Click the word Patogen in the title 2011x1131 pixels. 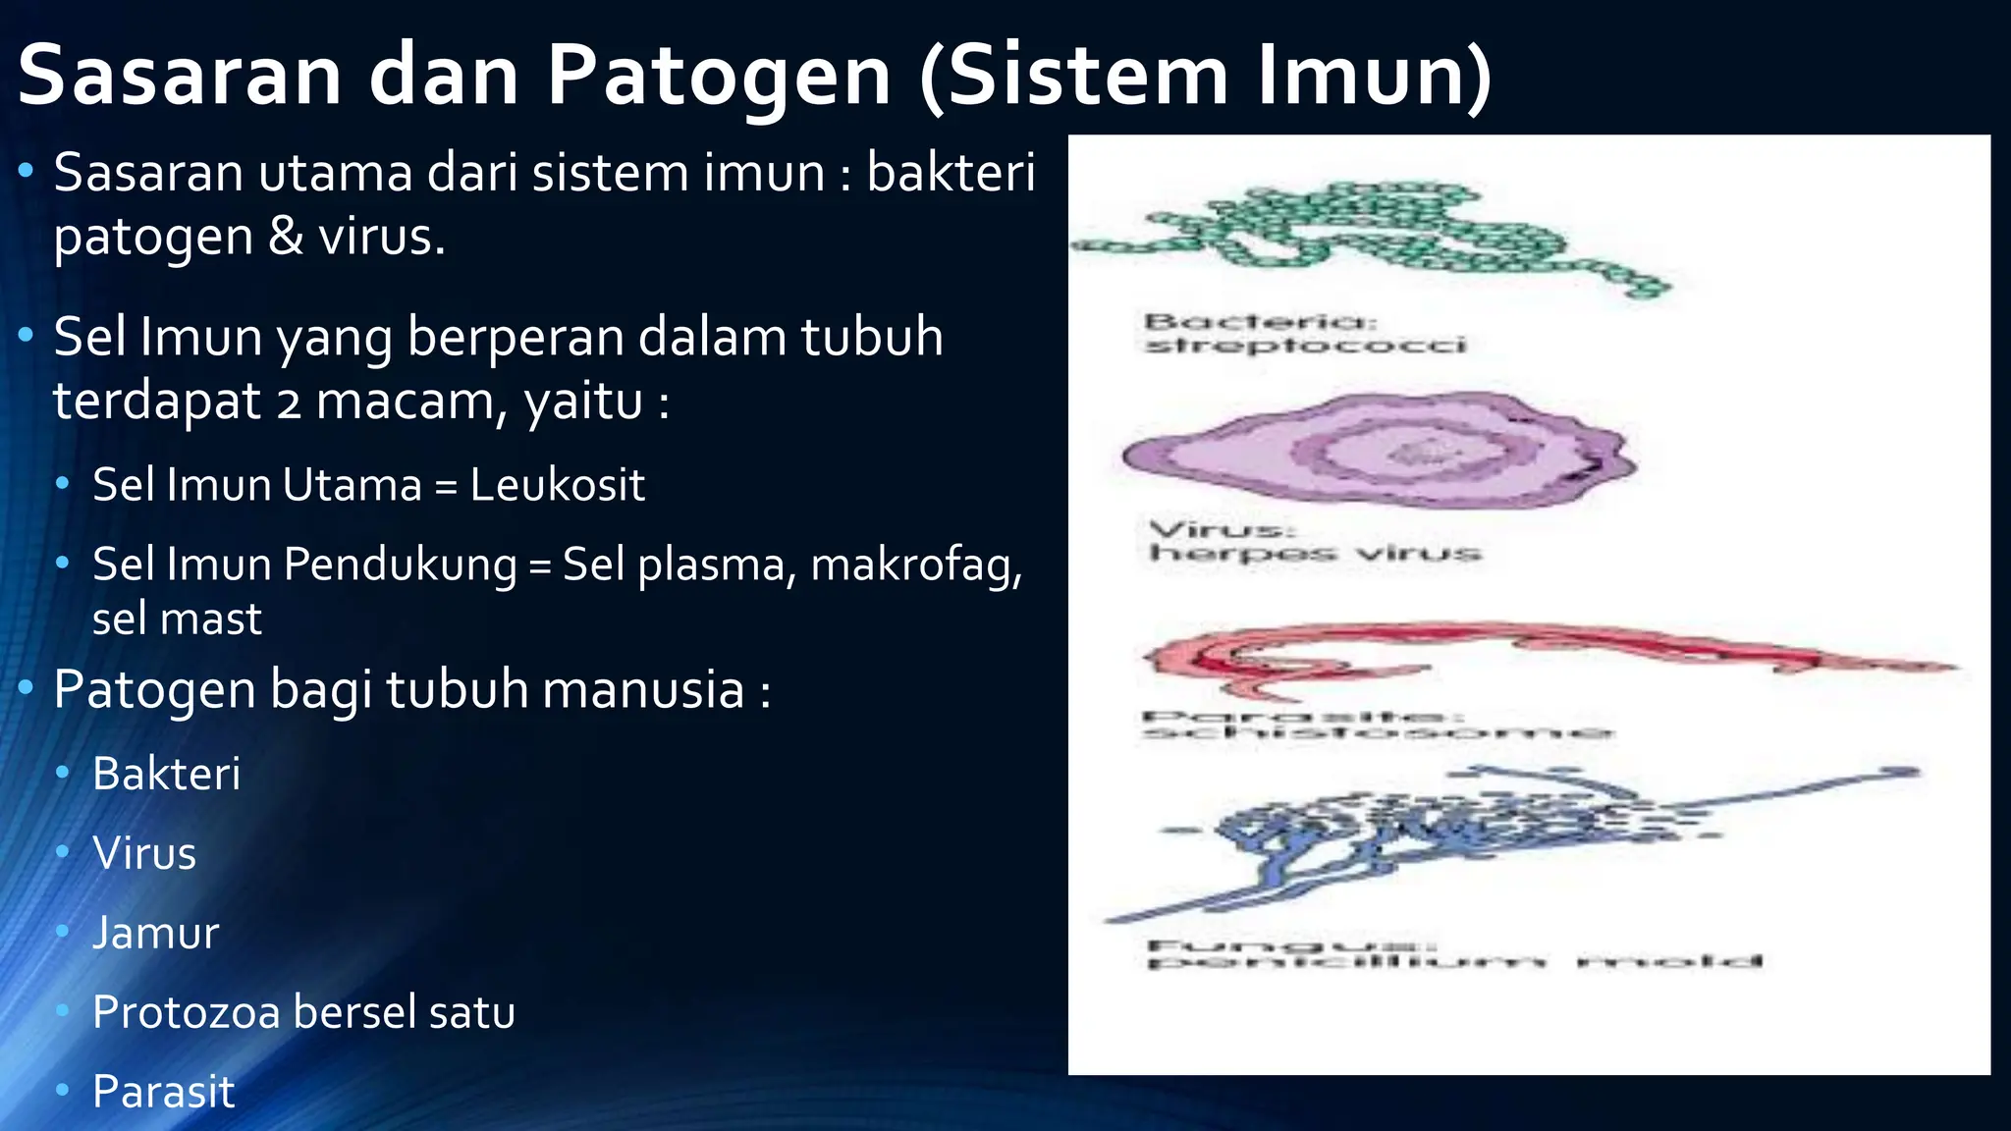pos(718,77)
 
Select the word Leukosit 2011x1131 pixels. pos(557,485)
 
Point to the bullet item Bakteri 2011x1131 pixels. pos(166,775)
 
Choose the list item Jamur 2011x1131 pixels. pos(155,933)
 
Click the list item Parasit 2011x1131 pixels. pos(163,1092)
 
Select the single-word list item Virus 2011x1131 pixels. pos(144,853)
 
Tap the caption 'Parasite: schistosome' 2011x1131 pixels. pos(1375,725)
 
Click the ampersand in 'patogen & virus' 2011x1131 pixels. pos(286,238)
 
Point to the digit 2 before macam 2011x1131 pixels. pos(289,403)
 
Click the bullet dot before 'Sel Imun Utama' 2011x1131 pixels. pos(63,484)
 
